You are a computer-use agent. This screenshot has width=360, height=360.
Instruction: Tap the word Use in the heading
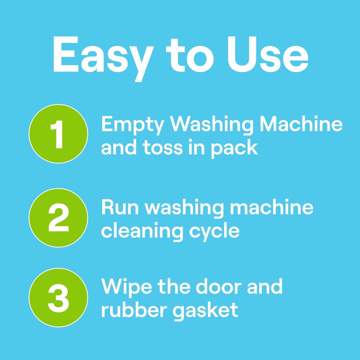pos(268,55)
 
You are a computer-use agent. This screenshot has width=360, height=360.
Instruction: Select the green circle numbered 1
pos(58,134)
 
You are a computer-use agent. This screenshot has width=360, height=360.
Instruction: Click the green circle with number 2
pos(58,217)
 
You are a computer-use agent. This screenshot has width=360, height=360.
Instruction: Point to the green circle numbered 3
pos(58,297)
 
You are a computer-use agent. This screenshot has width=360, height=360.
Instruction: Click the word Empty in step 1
pos(133,126)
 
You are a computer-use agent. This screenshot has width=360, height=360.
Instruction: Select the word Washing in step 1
pos(211,125)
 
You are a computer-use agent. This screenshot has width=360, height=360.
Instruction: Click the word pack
pos(234,149)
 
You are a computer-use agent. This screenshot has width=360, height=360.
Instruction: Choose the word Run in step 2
pos(120,208)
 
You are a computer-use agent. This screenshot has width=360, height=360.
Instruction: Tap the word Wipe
pos(126,288)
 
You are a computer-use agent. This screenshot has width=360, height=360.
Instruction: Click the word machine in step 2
pos(271,208)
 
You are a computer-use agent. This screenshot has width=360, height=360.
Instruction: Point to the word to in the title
pos(190,56)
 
